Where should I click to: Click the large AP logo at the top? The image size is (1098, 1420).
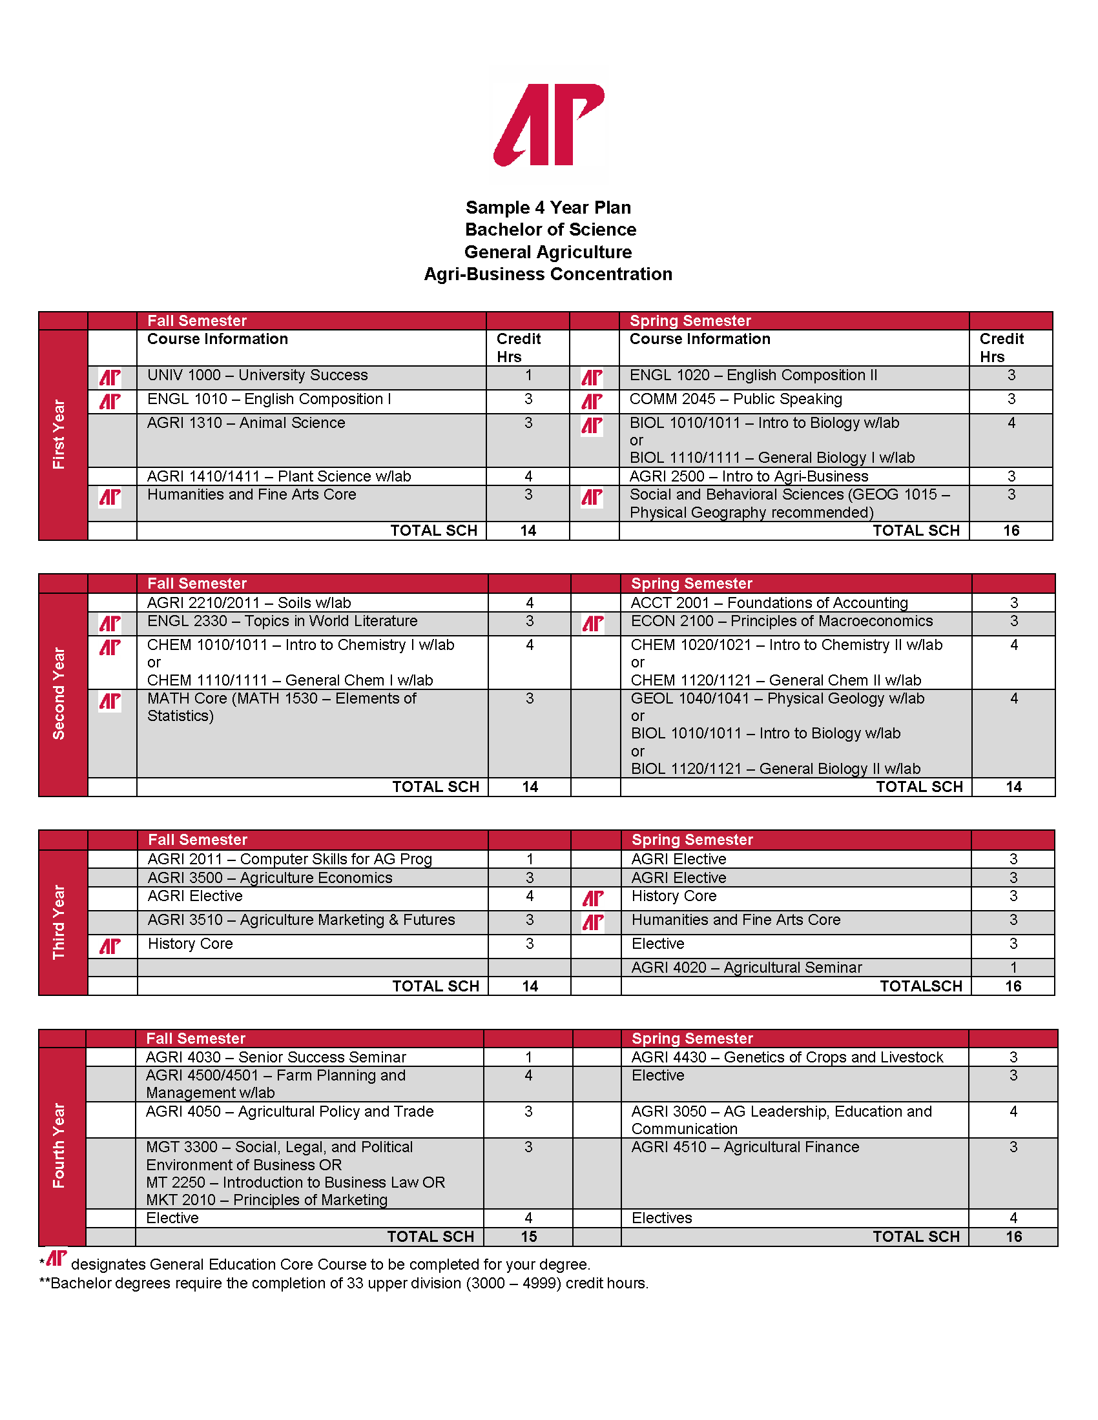549,124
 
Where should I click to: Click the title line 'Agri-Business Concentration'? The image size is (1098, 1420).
548,274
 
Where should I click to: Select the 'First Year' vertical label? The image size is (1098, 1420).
59,434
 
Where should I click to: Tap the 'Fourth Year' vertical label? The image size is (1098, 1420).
59,1145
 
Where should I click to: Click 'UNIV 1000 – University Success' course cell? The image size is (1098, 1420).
258,375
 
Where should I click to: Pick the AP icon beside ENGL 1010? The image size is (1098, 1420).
110,401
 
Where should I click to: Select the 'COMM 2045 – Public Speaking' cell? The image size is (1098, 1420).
736,399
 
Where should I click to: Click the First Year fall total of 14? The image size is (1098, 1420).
528,531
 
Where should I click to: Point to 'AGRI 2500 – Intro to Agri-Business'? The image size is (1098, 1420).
749,476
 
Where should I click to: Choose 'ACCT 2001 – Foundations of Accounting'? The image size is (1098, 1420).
769,603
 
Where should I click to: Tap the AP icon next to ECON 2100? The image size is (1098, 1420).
592,624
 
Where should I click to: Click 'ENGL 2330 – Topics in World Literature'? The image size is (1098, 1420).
282,621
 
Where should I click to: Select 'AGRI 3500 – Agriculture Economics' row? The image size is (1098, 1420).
270,878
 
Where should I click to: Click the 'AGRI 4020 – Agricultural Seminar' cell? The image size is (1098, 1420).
747,968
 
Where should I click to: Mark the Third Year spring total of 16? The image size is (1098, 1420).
1013,986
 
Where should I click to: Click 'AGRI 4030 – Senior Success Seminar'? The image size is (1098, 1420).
276,1057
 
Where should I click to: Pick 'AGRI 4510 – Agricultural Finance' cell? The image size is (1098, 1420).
745,1147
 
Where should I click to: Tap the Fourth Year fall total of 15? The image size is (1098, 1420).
529,1237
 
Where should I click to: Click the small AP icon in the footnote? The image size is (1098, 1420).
57,1258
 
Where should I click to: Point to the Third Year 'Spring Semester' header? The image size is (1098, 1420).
692,839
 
